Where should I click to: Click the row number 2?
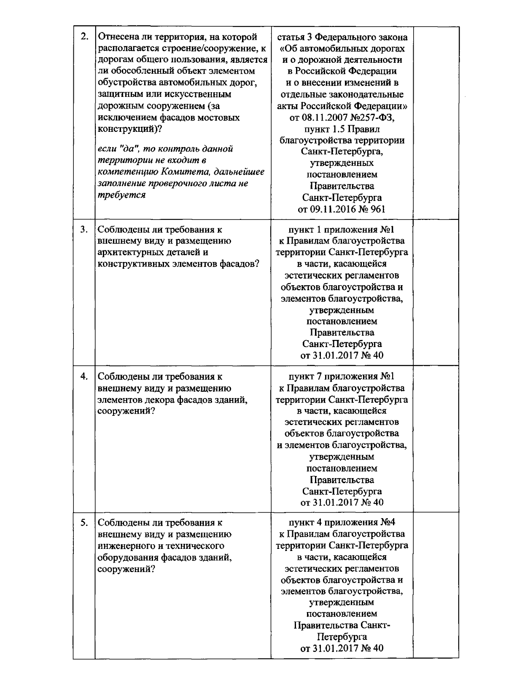[x=84, y=37]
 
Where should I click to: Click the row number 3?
[x=84, y=230]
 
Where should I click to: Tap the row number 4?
[x=84, y=376]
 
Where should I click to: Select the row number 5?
[x=84, y=523]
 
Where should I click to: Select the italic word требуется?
[x=121, y=195]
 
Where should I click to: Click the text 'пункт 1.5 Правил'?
[x=342, y=129]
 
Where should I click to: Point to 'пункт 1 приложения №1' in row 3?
[x=342, y=230]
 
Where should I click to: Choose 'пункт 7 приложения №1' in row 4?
[x=342, y=376]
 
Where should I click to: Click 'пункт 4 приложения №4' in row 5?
[x=342, y=523]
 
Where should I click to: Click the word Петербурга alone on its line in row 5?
[x=342, y=636]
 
